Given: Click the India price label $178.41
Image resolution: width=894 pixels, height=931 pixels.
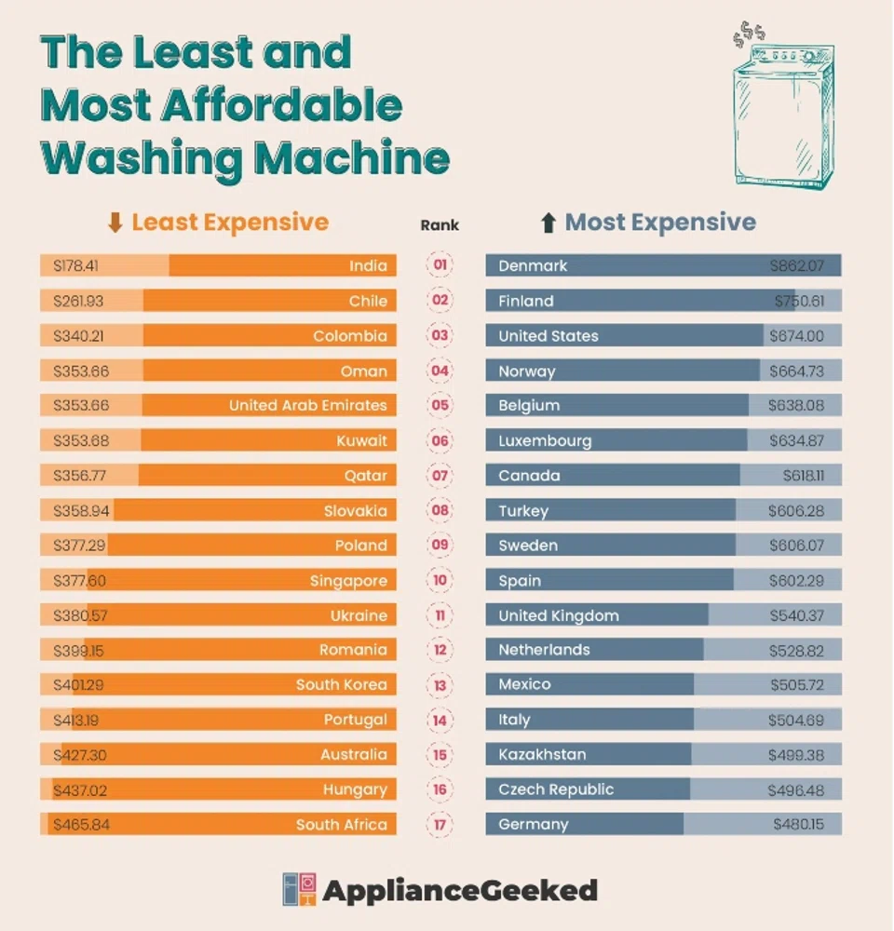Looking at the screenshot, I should tap(75, 266).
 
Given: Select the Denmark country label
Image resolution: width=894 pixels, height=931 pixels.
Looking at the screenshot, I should tap(533, 266).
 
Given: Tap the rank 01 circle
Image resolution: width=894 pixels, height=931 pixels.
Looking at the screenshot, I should tap(440, 265).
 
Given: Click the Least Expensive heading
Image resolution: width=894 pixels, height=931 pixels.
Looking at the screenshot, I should tap(229, 223).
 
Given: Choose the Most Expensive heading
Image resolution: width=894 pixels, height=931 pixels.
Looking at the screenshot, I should tap(660, 223).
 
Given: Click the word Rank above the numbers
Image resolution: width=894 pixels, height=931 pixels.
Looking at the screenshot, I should tap(440, 224).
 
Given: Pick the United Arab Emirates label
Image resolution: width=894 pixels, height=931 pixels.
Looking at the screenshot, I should tap(307, 406).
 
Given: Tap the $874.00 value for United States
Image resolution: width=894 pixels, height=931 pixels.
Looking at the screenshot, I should tap(796, 336).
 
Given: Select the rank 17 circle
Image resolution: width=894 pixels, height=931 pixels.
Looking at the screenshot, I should tap(440, 825).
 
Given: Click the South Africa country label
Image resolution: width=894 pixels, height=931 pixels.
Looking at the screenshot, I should tap(341, 825).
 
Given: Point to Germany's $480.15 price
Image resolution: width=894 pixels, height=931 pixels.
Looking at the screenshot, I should tap(798, 825).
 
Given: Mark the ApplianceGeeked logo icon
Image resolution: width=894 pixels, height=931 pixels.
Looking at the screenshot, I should tap(300, 890).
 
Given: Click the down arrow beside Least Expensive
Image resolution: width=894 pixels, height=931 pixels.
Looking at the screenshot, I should tap(115, 223).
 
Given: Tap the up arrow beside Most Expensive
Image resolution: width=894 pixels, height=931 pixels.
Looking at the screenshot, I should tap(549, 223).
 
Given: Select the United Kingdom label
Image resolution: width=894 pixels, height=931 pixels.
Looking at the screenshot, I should tap(558, 615).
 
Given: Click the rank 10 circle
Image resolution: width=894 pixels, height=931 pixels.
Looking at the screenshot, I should tap(440, 580).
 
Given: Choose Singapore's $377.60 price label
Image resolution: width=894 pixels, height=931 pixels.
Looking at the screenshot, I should tap(79, 581).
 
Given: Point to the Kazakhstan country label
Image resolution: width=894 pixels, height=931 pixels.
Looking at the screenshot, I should tap(542, 754).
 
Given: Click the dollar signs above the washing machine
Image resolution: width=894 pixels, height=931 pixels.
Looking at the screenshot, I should tap(749, 35).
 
